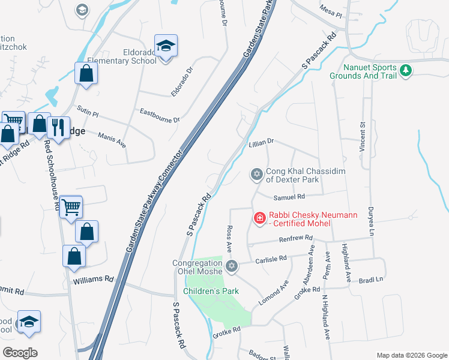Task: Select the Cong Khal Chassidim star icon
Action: [x=256, y=175]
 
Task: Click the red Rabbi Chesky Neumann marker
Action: [x=260, y=218]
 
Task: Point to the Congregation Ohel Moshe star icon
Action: [x=232, y=266]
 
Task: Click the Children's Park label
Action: [x=211, y=292]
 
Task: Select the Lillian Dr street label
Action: [x=261, y=142]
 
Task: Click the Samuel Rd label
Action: [x=289, y=197]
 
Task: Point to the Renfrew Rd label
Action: [x=297, y=239]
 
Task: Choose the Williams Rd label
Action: [x=93, y=280]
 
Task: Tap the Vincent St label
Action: [x=363, y=137]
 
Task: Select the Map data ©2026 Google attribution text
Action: [x=411, y=355]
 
